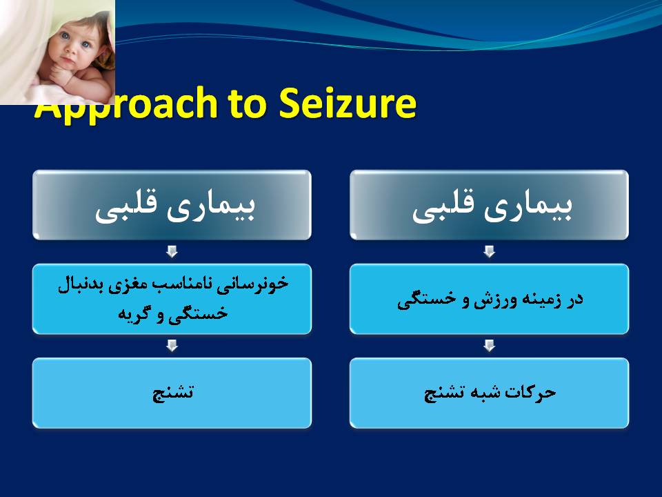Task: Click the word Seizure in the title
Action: tap(348, 104)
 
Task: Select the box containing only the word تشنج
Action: tap(172, 393)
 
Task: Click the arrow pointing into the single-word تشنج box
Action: tap(172, 346)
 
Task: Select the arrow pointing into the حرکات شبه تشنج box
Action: tap(490, 346)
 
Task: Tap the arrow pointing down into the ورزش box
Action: tap(490, 251)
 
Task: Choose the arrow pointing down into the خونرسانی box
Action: tap(172, 251)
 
